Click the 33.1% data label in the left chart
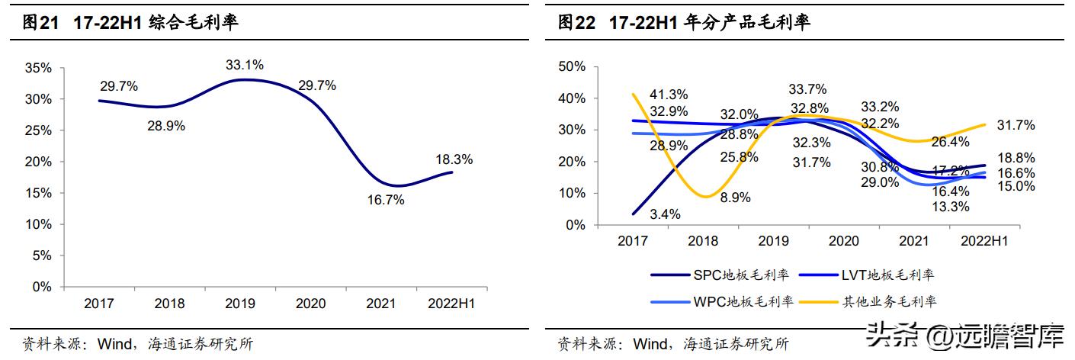coord(245,65)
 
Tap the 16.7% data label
coord(385,201)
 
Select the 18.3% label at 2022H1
coord(454,159)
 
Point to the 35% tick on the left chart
coord(39,68)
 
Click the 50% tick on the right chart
coord(572,66)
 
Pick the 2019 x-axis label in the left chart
coord(239,304)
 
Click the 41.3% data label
coord(669,95)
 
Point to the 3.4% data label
coord(664,214)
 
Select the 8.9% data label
coord(735,198)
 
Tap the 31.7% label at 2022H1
coord(1015,125)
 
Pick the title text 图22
coord(576,23)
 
